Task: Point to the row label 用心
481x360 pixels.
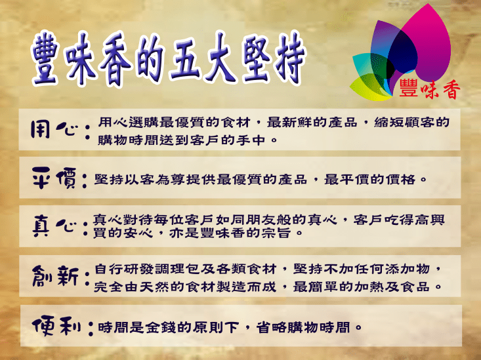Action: (55, 130)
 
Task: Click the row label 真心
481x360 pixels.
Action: (55, 225)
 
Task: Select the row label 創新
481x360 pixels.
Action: (55, 276)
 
